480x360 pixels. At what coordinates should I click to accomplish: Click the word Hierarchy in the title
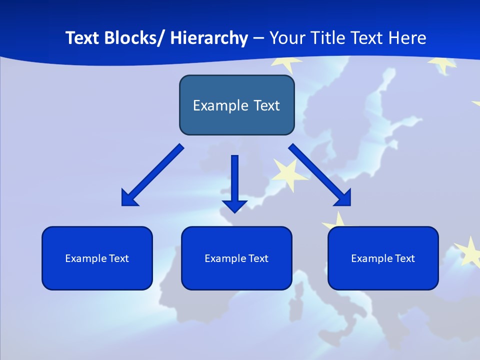click(x=209, y=38)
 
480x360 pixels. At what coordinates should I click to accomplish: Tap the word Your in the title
click(x=286, y=38)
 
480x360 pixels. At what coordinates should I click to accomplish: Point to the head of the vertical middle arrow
click(x=235, y=205)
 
